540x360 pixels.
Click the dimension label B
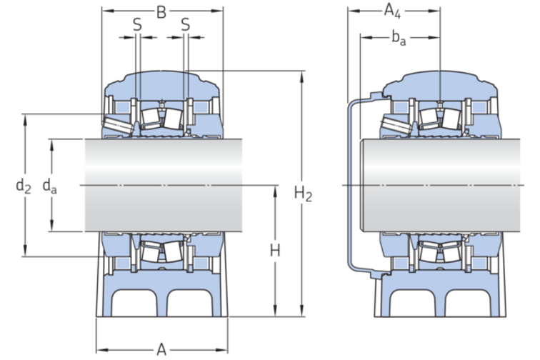[x=161, y=12]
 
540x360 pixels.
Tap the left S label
[x=137, y=25]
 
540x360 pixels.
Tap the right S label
[x=185, y=25]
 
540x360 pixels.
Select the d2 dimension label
[x=24, y=186]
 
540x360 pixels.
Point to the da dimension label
[x=49, y=186]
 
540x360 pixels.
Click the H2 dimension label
[x=303, y=194]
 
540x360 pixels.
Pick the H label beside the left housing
[x=275, y=251]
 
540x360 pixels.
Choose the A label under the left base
[x=161, y=350]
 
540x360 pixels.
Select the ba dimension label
[x=399, y=38]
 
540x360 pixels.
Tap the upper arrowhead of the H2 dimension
[x=302, y=77]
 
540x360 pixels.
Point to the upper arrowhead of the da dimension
[x=51, y=145]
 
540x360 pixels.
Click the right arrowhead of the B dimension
[x=217, y=11]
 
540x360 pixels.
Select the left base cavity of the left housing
[x=134, y=302]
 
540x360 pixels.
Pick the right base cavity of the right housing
[x=468, y=302]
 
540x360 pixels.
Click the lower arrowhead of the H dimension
[x=275, y=310]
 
